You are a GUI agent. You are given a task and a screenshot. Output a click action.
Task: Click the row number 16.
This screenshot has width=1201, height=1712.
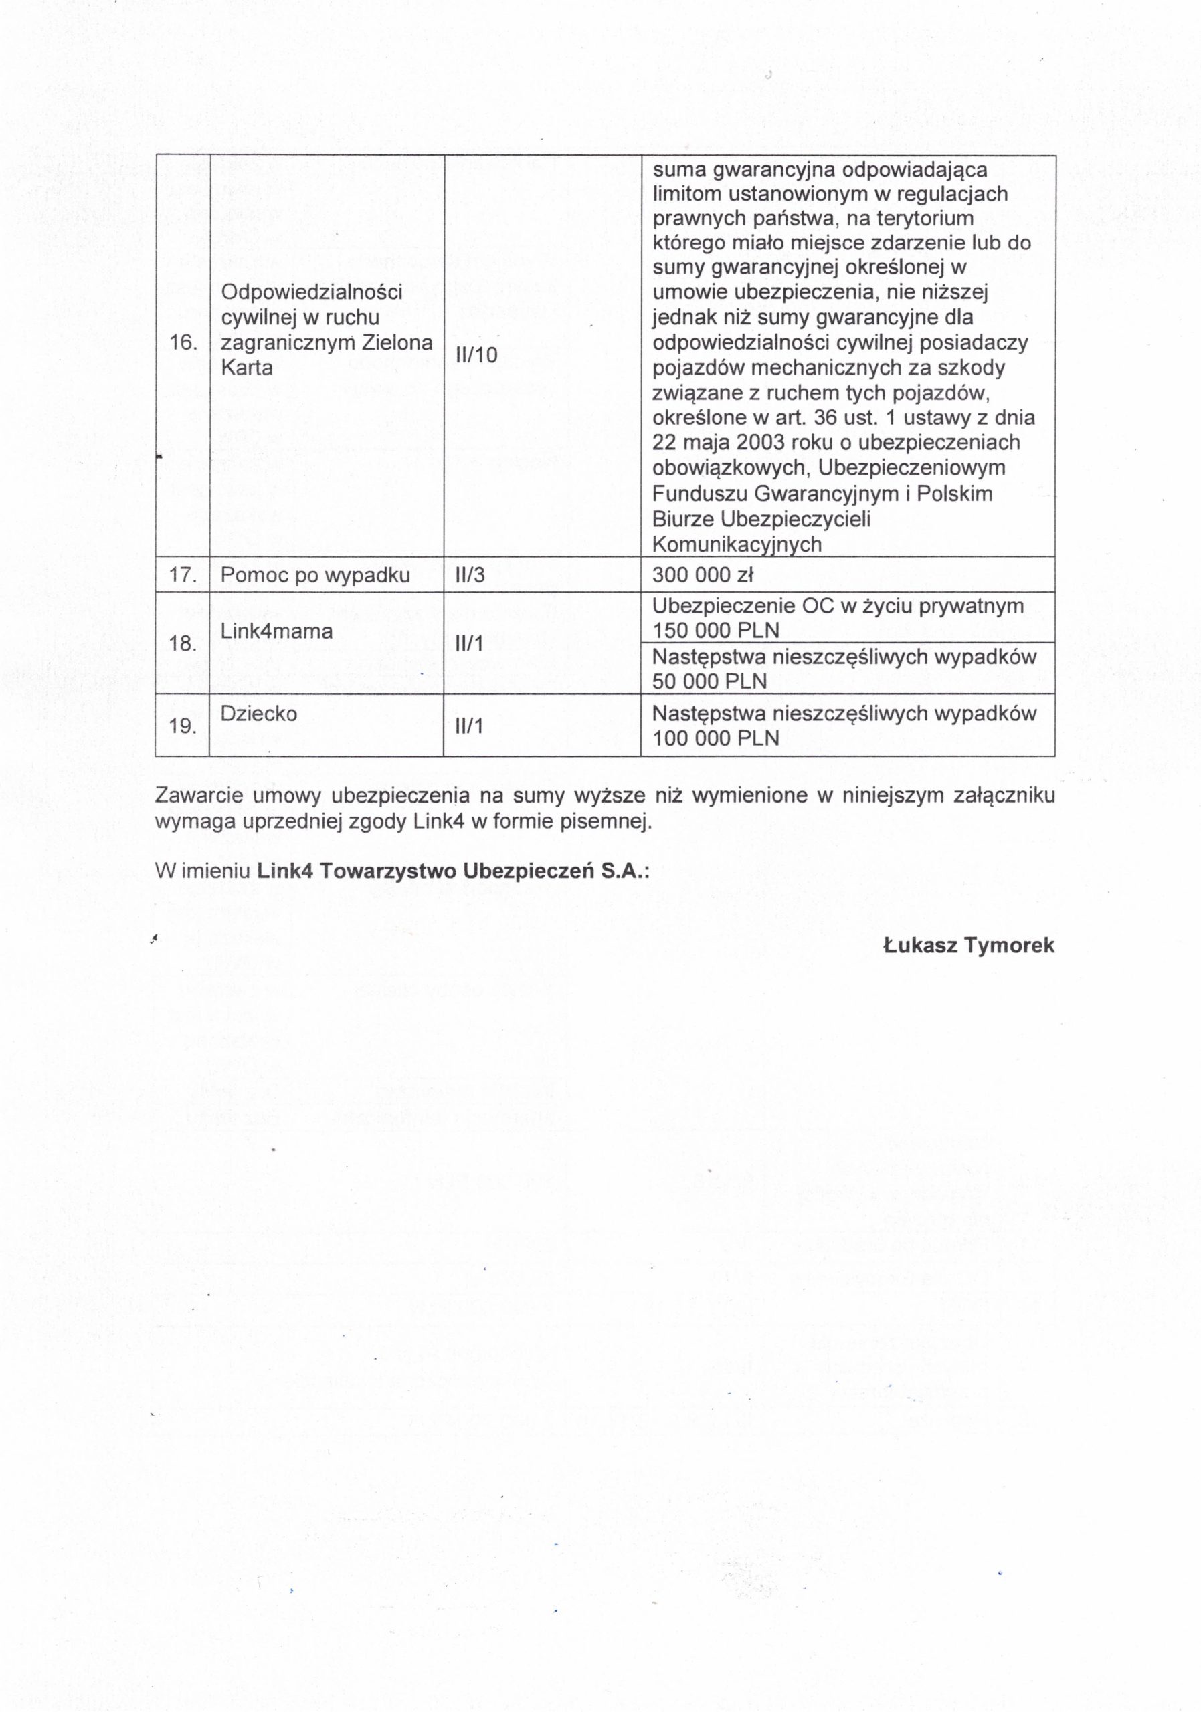(x=183, y=343)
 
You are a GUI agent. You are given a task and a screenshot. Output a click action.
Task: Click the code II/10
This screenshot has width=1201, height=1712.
(x=476, y=355)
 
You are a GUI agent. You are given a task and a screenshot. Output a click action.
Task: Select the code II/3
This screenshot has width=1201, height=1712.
(x=470, y=576)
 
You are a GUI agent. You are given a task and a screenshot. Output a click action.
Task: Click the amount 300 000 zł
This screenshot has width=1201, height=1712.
(x=703, y=576)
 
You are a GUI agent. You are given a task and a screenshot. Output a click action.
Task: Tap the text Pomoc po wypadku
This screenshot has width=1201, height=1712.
(x=314, y=576)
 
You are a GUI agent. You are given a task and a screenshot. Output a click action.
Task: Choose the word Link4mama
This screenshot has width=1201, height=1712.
(x=276, y=631)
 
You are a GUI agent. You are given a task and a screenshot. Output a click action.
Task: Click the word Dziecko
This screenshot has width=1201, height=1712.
(x=258, y=714)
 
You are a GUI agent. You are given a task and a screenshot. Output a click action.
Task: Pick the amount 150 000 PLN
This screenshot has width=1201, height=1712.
(x=715, y=631)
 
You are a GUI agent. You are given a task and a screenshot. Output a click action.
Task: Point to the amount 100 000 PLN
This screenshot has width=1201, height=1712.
(x=715, y=738)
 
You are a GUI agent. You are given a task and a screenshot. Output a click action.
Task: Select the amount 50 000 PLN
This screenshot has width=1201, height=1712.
(x=709, y=681)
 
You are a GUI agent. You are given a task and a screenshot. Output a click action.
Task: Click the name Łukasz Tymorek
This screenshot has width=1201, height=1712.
(x=968, y=946)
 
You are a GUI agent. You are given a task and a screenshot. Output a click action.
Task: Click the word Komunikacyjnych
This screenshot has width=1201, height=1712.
(x=736, y=544)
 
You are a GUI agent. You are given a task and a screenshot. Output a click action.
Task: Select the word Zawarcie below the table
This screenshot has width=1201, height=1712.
(x=199, y=796)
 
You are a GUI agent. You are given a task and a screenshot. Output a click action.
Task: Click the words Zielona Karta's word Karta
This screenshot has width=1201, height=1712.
(x=246, y=368)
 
